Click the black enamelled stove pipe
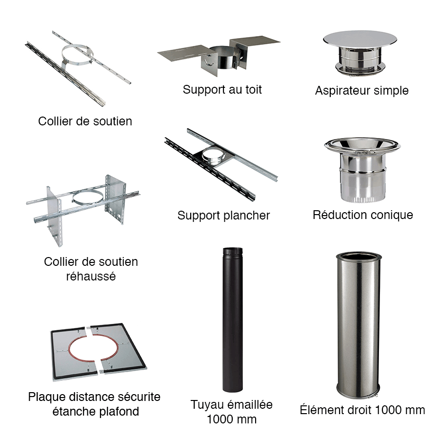click(x=233, y=319)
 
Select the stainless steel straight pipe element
click(x=359, y=325)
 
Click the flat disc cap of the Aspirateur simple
click(x=360, y=39)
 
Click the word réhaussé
click(x=91, y=277)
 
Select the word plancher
click(x=247, y=216)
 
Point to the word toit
click(x=254, y=90)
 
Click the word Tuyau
click(x=207, y=405)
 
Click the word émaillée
click(x=250, y=404)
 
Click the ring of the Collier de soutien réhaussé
click(x=87, y=193)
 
